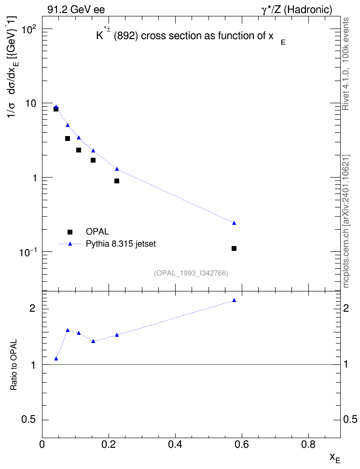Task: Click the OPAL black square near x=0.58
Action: click(234, 248)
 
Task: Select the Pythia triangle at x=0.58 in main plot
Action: click(234, 223)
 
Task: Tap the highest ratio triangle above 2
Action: click(234, 300)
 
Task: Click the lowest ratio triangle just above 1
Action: click(56, 359)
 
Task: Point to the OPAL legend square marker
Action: click(70, 232)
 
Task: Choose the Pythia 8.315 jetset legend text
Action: click(121, 244)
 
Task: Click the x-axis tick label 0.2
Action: click(109, 445)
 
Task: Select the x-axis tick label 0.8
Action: click(308, 445)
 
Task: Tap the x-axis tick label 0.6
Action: click(241, 445)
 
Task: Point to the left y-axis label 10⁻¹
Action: click(28, 252)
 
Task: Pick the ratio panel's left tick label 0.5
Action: click(28, 420)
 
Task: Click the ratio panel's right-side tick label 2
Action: click(346, 308)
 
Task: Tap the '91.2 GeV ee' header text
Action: click(76, 10)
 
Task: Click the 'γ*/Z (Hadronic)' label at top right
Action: click(297, 10)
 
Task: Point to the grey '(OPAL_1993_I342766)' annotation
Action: click(191, 273)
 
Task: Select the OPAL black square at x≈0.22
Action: click(117, 181)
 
